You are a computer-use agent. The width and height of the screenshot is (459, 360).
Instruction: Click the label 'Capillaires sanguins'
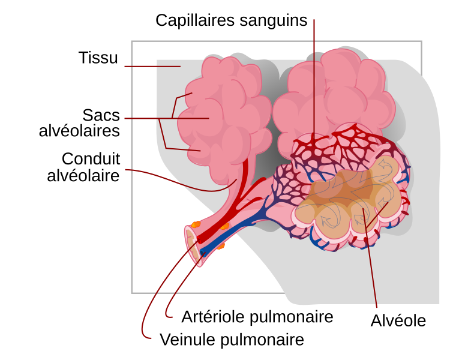point(231,20)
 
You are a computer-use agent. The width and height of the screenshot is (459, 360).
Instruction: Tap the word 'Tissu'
point(98,58)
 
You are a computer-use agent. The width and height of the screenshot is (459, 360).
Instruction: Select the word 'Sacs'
point(101,115)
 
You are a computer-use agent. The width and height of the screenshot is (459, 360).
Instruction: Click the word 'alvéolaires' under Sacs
point(79,130)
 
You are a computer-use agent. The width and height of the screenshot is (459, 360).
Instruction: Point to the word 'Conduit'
point(91,159)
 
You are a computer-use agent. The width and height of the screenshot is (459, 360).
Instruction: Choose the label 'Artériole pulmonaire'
point(257,316)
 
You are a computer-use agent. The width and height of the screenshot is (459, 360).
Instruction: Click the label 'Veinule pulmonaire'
point(232,340)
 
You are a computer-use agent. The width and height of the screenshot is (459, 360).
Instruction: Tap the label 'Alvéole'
point(398,320)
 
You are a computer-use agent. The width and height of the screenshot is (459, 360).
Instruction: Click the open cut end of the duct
point(191,244)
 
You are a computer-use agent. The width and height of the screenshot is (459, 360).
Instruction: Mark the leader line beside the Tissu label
point(152,66)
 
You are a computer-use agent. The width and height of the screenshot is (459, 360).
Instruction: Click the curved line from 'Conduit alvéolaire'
point(180,181)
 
